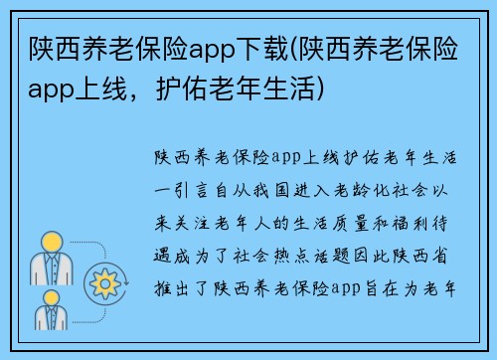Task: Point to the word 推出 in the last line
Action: point(177,265)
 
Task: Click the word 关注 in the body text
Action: point(198,211)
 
